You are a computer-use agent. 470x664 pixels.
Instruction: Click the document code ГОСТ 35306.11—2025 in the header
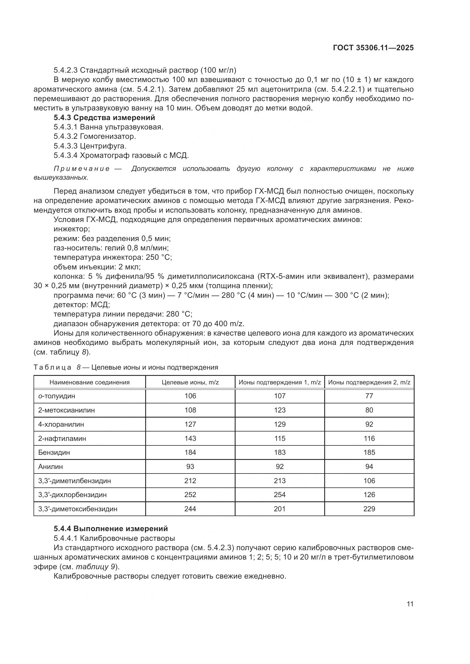click(373, 48)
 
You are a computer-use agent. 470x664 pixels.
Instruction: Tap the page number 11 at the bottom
click(410, 604)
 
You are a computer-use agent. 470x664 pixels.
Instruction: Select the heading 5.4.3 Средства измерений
click(104, 118)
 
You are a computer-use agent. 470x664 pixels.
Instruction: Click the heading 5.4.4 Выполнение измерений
click(111, 529)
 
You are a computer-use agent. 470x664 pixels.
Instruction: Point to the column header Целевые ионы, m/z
click(190, 382)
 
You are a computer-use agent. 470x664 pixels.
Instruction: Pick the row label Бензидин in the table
click(54, 452)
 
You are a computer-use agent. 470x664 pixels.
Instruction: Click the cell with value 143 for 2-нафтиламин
click(190, 438)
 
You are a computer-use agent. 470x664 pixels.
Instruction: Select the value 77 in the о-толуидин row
click(369, 396)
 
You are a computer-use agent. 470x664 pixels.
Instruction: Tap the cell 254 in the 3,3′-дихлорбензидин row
click(280, 495)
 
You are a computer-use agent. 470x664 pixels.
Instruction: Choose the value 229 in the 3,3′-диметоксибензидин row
click(369, 509)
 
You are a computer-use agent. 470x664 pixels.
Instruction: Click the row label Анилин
click(51, 466)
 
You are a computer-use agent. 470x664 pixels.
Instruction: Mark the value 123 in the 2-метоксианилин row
click(280, 410)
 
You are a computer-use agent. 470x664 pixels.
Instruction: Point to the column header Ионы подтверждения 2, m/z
click(369, 382)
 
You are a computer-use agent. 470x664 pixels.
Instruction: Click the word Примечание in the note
click(82, 169)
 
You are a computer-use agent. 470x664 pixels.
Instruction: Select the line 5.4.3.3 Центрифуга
click(90, 146)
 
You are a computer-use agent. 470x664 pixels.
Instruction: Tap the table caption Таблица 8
click(57, 368)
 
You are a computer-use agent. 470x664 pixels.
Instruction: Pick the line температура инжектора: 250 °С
click(113, 257)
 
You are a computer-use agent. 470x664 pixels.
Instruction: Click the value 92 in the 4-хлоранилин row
click(369, 424)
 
